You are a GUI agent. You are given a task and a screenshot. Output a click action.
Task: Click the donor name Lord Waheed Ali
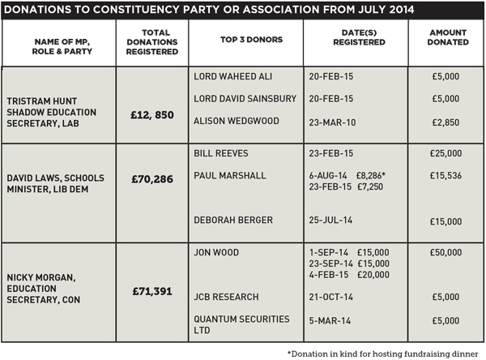[232, 76]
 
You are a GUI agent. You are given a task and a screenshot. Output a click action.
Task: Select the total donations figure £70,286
[152, 179]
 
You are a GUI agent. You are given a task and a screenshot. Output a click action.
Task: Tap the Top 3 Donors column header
[251, 40]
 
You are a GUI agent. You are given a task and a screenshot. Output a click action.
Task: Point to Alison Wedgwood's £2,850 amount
[446, 122]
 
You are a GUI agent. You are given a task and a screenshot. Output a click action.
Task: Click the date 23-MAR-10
[332, 122]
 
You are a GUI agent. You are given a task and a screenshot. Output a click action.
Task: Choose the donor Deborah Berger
[233, 220]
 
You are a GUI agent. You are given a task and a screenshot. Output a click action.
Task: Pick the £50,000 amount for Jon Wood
[446, 252]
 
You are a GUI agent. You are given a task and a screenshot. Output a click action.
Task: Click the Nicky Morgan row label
[44, 289]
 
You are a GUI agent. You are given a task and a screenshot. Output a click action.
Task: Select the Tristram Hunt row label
[52, 112]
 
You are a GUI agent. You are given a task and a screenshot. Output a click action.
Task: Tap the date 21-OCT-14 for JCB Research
[330, 297]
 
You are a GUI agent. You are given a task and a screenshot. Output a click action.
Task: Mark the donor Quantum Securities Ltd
[241, 324]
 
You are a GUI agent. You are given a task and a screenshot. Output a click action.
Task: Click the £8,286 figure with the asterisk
[371, 176]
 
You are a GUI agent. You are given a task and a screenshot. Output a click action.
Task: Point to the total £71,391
[152, 291]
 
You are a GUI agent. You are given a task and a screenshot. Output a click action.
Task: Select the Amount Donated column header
[448, 37]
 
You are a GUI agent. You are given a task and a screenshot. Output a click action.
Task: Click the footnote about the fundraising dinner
[383, 354]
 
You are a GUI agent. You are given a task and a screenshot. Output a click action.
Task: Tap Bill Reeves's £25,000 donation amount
[446, 153]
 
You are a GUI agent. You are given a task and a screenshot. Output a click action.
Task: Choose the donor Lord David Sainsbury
[245, 99]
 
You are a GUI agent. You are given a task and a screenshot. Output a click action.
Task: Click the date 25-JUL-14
[330, 220]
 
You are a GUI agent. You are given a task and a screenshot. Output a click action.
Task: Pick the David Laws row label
[55, 183]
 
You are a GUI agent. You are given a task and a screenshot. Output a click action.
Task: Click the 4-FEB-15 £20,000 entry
[349, 275]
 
